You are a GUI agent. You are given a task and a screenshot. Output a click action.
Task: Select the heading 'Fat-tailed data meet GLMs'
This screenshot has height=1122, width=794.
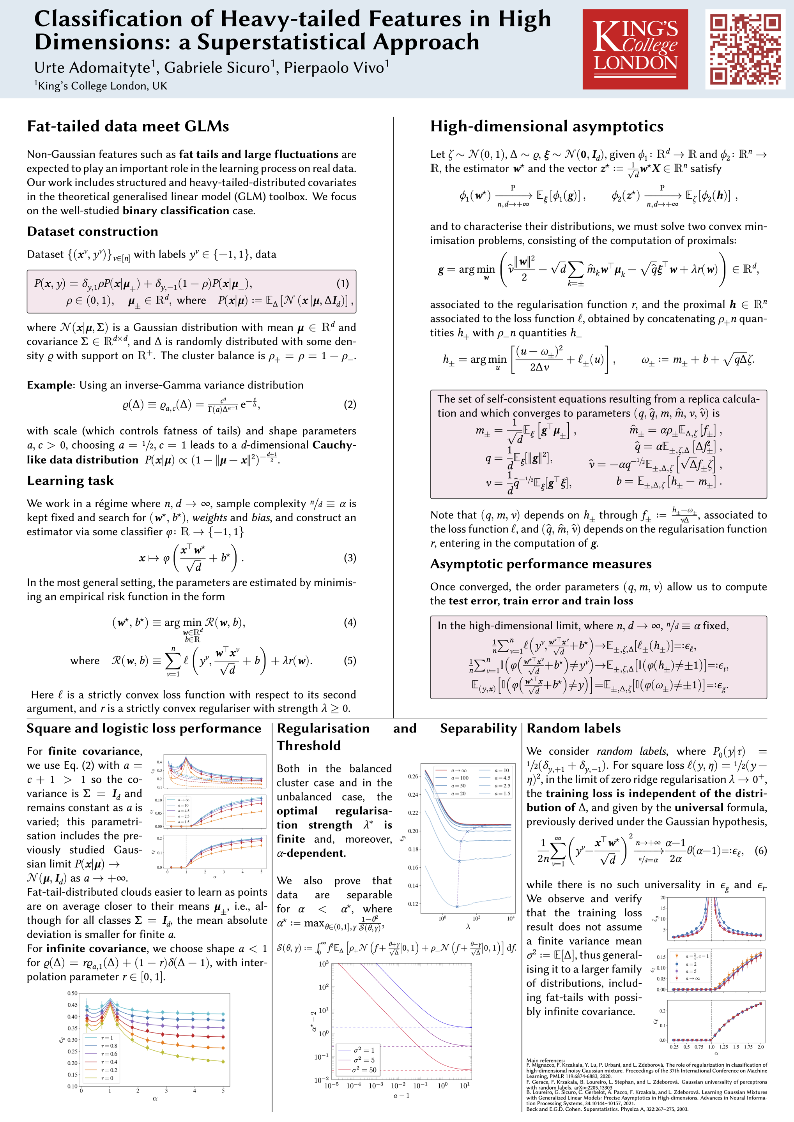pyautogui.click(x=128, y=126)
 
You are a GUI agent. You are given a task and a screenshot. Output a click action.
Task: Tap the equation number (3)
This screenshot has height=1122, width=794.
pyautogui.click(x=350, y=557)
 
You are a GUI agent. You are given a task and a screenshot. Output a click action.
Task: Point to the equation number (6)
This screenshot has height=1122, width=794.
pyautogui.click(x=760, y=850)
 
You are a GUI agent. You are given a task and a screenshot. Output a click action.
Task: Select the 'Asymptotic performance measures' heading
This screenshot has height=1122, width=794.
pyautogui.click(x=541, y=564)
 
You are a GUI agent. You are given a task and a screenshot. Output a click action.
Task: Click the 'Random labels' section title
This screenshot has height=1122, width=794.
pyautogui.click(x=573, y=728)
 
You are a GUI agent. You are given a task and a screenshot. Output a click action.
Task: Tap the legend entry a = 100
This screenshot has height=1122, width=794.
pyautogui.click(x=459, y=778)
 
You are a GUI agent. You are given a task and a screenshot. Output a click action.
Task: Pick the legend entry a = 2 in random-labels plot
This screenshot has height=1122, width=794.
pyautogui.click(x=691, y=964)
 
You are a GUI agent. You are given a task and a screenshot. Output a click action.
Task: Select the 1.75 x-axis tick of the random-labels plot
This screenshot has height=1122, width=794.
pyautogui.click(x=748, y=1047)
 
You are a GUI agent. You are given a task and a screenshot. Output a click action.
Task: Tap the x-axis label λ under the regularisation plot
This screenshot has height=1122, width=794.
pyautogui.click(x=468, y=926)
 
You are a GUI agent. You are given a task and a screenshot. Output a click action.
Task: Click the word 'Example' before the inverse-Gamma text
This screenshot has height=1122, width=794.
pyautogui.click(x=50, y=385)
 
